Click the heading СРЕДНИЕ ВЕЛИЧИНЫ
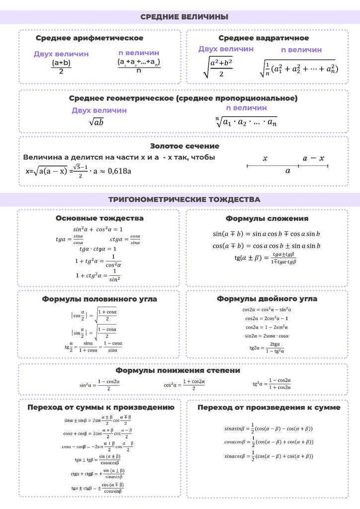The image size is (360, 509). tap(184, 17)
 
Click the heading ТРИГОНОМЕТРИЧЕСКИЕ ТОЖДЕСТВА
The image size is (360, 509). tap(184, 199)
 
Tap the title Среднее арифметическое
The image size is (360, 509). tap(90, 38)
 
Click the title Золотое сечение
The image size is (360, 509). tap(184, 146)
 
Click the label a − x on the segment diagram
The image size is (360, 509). tap(313, 159)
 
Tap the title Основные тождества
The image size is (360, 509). tap(99, 218)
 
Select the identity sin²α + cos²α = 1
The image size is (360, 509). tap(98, 229)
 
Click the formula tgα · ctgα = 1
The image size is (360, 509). tap(98, 249)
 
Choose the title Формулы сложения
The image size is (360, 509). tap(267, 218)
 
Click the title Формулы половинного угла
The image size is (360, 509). tap(99, 299)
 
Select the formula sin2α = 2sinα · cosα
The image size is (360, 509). tap(267, 336)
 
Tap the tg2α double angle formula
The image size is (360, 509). tap(267, 347)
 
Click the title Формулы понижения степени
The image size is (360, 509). tap(178, 370)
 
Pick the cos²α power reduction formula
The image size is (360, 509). tap(184, 384)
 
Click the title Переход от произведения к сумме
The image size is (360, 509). tap(269, 408)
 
